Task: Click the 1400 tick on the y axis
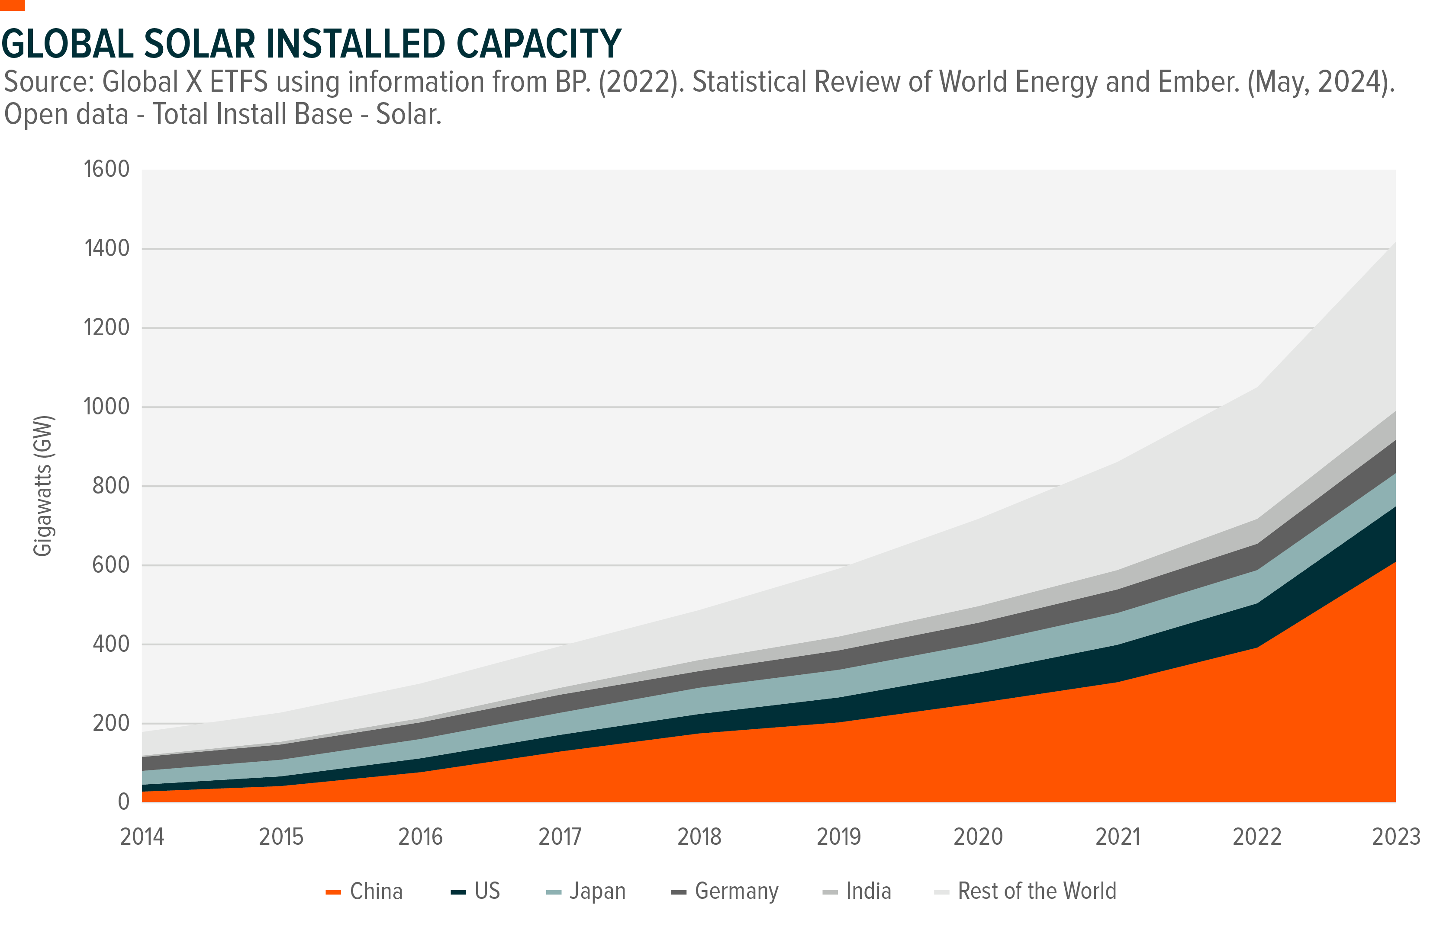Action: (x=106, y=248)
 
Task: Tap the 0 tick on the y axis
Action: (x=124, y=802)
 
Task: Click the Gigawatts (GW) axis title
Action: (x=43, y=486)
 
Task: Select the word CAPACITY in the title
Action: (x=538, y=44)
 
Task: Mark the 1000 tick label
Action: (x=106, y=407)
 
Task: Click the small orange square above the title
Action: (x=12, y=5)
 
